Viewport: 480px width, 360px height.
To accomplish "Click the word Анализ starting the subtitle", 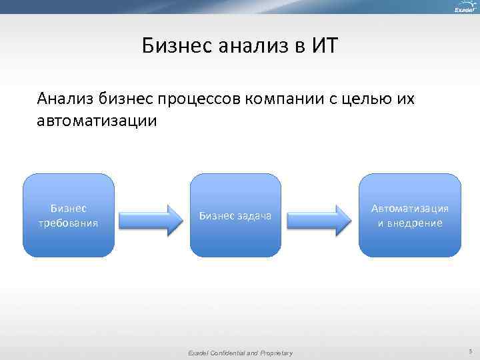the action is point(65,99).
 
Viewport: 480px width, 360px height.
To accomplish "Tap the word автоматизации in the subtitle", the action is point(98,121).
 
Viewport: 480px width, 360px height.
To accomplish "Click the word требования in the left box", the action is point(69,223).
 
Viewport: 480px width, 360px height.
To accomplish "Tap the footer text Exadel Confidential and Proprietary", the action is point(240,353).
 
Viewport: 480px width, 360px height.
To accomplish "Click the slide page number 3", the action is point(470,351).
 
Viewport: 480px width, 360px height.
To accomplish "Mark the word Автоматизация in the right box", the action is point(409,208).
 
